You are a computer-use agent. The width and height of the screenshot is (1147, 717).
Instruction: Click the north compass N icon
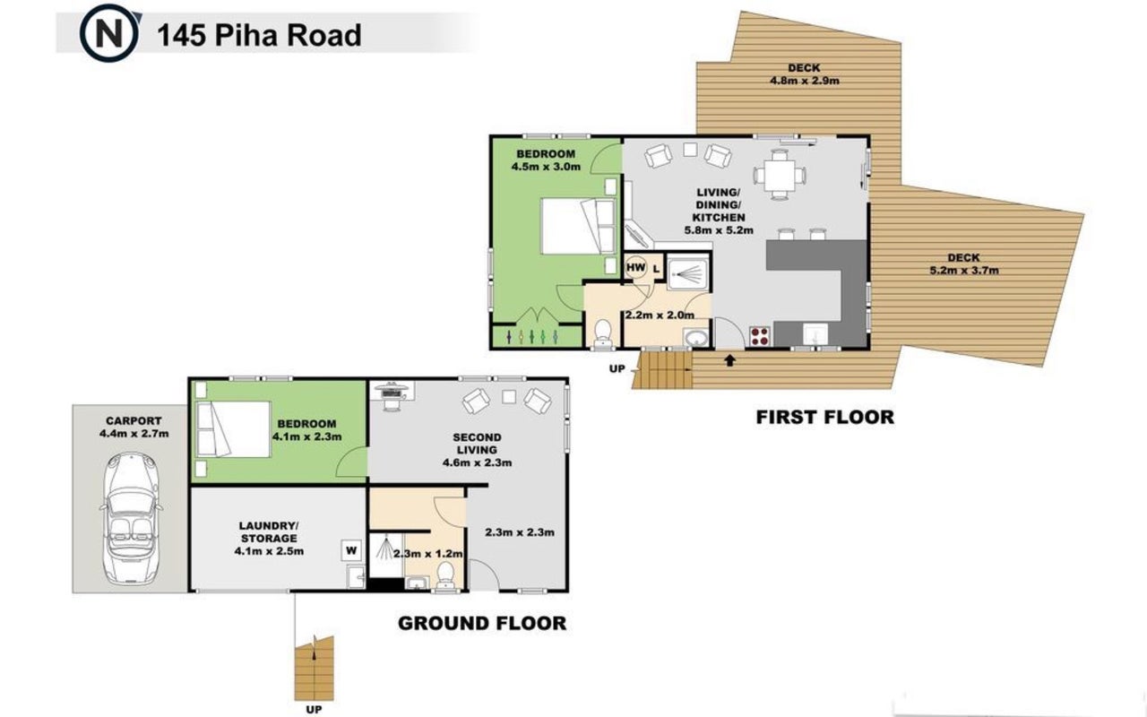(109, 34)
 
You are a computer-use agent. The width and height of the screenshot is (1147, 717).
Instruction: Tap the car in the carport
(132, 518)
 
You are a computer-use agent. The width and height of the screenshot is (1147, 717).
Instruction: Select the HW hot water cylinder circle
(636, 267)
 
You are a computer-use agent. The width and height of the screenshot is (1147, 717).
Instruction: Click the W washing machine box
(351, 550)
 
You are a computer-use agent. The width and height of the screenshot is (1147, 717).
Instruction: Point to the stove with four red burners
(760, 336)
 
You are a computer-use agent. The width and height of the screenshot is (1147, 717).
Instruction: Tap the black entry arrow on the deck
(729, 360)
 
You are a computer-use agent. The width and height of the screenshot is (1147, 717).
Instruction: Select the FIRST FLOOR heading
(825, 417)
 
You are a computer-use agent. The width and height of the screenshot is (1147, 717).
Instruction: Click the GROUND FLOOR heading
(482, 623)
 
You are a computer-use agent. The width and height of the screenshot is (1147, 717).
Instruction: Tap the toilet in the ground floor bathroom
(446, 575)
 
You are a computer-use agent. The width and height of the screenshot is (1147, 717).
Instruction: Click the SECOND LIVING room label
(477, 444)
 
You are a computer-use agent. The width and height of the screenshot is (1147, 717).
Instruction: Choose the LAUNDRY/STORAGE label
(269, 532)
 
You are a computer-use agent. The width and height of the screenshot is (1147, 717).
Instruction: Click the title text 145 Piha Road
(259, 35)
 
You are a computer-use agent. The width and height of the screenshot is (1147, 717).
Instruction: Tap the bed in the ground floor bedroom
(234, 429)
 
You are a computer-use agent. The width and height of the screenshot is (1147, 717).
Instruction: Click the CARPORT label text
(134, 421)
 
